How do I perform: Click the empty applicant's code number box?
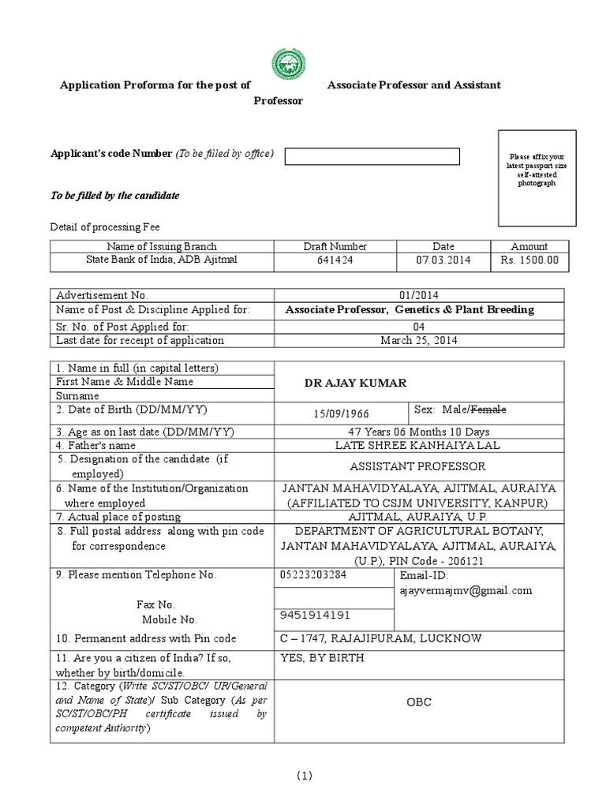coord(372,156)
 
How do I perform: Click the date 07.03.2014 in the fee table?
coord(443,260)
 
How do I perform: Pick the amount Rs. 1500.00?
coord(529,260)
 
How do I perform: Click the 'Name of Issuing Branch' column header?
coord(162,246)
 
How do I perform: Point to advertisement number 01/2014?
coord(418,294)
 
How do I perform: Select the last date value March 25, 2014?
coord(418,340)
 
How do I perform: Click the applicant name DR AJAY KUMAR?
coord(356,383)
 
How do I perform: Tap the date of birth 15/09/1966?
coord(341,413)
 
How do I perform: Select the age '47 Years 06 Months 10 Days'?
coord(418,432)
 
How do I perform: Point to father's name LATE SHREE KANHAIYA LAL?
coord(418,445)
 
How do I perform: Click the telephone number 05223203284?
coord(313,574)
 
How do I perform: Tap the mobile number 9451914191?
coord(313,615)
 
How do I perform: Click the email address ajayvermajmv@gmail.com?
coord(466,590)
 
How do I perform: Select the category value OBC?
coord(418,701)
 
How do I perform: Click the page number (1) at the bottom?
coord(305,776)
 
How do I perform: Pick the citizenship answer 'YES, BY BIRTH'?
coord(323,657)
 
